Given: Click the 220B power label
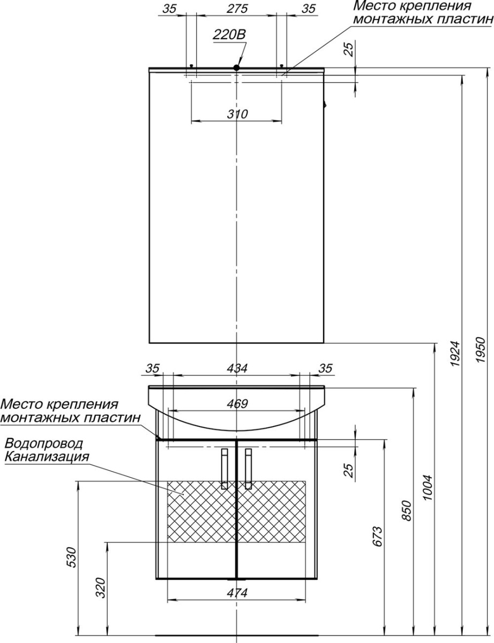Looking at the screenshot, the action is [x=229, y=35].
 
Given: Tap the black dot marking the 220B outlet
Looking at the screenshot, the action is [x=236, y=68].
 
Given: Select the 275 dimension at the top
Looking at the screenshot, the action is [x=237, y=9].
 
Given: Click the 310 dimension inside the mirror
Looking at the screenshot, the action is [x=237, y=114].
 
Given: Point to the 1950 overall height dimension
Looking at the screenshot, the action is [x=481, y=349].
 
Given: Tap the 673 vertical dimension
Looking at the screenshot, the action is [x=377, y=536].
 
